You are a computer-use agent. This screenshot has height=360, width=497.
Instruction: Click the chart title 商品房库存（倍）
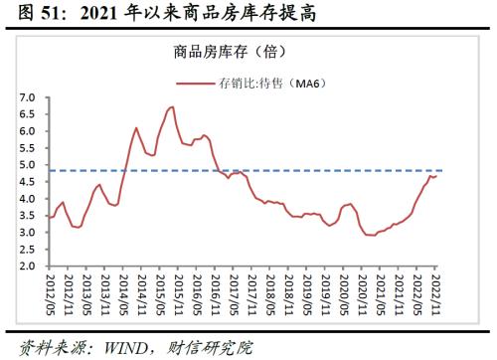click(x=248, y=53)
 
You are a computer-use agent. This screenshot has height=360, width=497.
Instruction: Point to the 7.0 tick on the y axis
click(x=27, y=97)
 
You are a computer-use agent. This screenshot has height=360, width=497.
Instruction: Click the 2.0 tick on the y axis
click(x=27, y=267)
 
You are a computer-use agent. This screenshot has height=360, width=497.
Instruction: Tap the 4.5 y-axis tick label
click(x=27, y=182)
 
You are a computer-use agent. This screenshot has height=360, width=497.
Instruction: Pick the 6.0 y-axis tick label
click(x=27, y=131)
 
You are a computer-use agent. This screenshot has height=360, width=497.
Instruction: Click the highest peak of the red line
click(x=172, y=106)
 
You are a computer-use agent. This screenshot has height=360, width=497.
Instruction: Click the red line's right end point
click(x=435, y=175)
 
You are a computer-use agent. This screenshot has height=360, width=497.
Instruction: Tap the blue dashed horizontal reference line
click(x=298, y=170)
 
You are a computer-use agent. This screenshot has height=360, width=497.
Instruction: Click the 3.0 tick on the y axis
click(x=27, y=233)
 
